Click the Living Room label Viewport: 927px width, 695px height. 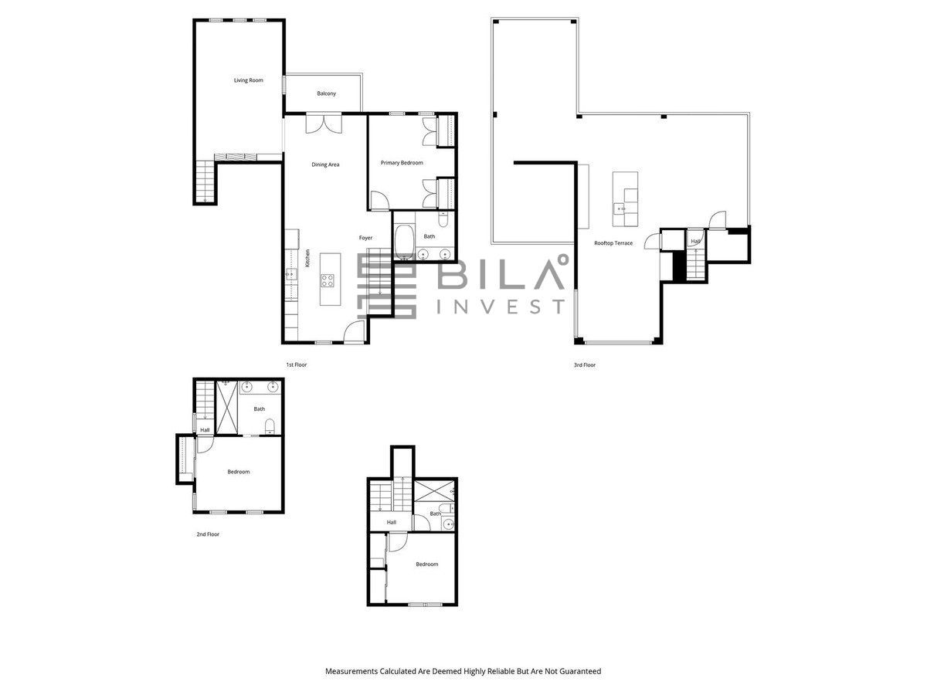248,80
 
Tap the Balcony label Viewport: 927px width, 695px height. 327,93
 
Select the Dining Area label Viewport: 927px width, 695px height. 325,164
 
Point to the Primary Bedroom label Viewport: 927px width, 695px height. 402,162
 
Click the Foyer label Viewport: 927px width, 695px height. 365,238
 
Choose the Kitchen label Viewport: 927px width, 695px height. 308,258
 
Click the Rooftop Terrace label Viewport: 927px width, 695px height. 613,243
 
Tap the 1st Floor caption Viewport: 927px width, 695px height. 297,364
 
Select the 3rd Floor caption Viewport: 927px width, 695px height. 585,364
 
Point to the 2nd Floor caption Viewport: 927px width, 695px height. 208,534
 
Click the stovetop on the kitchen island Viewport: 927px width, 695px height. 328,280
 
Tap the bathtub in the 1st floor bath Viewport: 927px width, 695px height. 404,242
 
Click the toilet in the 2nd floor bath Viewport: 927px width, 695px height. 270,426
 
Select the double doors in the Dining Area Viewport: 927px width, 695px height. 324,124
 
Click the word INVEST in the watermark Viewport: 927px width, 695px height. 501,307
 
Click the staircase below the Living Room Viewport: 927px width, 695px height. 205,182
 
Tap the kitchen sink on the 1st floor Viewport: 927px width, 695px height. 291,275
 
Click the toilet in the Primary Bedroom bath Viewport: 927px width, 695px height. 443,219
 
